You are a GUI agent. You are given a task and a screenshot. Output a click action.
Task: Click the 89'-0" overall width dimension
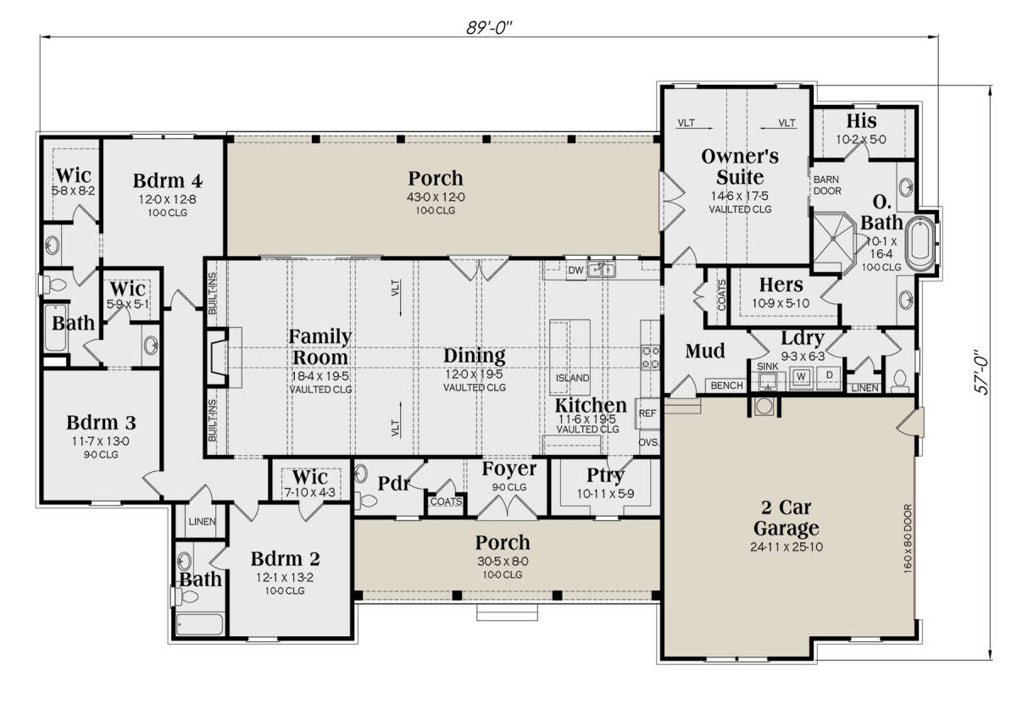(489, 28)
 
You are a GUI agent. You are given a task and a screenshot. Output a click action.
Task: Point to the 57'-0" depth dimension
(982, 372)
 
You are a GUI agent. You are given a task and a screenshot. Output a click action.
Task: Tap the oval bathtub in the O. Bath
(920, 244)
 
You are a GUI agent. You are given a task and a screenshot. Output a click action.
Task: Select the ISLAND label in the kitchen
(573, 378)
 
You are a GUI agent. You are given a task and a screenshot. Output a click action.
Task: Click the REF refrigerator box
(647, 413)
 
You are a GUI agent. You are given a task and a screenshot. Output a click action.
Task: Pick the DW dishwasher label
(575, 270)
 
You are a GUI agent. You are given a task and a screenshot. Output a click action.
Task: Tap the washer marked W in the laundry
(802, 376)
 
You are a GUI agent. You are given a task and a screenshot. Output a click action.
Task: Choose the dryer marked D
(830, 375)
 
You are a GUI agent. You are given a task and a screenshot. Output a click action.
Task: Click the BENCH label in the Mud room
(726, 385)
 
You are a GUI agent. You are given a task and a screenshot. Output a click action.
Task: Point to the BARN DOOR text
(827, 186)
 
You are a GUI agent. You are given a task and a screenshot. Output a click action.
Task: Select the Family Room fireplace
(220, 358)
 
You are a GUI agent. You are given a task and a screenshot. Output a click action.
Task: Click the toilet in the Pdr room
(366, 500)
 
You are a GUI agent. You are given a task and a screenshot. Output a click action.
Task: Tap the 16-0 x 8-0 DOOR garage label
(908, 539)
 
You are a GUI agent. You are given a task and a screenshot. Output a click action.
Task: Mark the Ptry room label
(605, 476)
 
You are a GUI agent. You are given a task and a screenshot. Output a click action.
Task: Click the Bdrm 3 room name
(101, 423)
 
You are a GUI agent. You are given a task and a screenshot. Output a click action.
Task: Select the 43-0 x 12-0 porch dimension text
(436, 197)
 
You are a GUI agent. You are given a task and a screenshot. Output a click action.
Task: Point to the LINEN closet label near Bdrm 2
(202, 522)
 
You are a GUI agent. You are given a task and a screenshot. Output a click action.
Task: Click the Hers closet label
(781, 285)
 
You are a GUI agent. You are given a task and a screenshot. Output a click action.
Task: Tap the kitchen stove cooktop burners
(650, 358)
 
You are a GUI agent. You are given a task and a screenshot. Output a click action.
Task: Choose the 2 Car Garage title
(786, 518)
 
